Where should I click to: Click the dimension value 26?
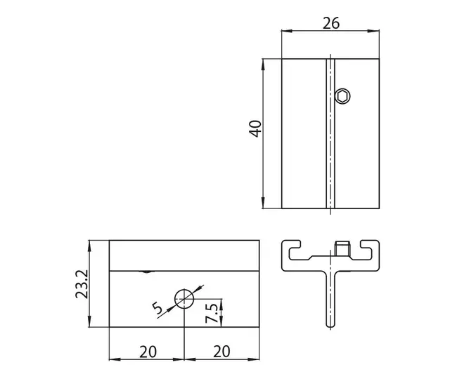pos(331,23)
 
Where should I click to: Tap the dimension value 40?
pos(255,128)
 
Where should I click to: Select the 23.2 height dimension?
pos(82,284)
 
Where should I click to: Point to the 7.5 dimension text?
pos(212,313)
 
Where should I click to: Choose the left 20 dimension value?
pos(148,352)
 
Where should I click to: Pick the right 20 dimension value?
pos(221,352)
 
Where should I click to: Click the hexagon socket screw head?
pos(342,97)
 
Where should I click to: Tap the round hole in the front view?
pos(184,299)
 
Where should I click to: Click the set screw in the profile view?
pos(342,248)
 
